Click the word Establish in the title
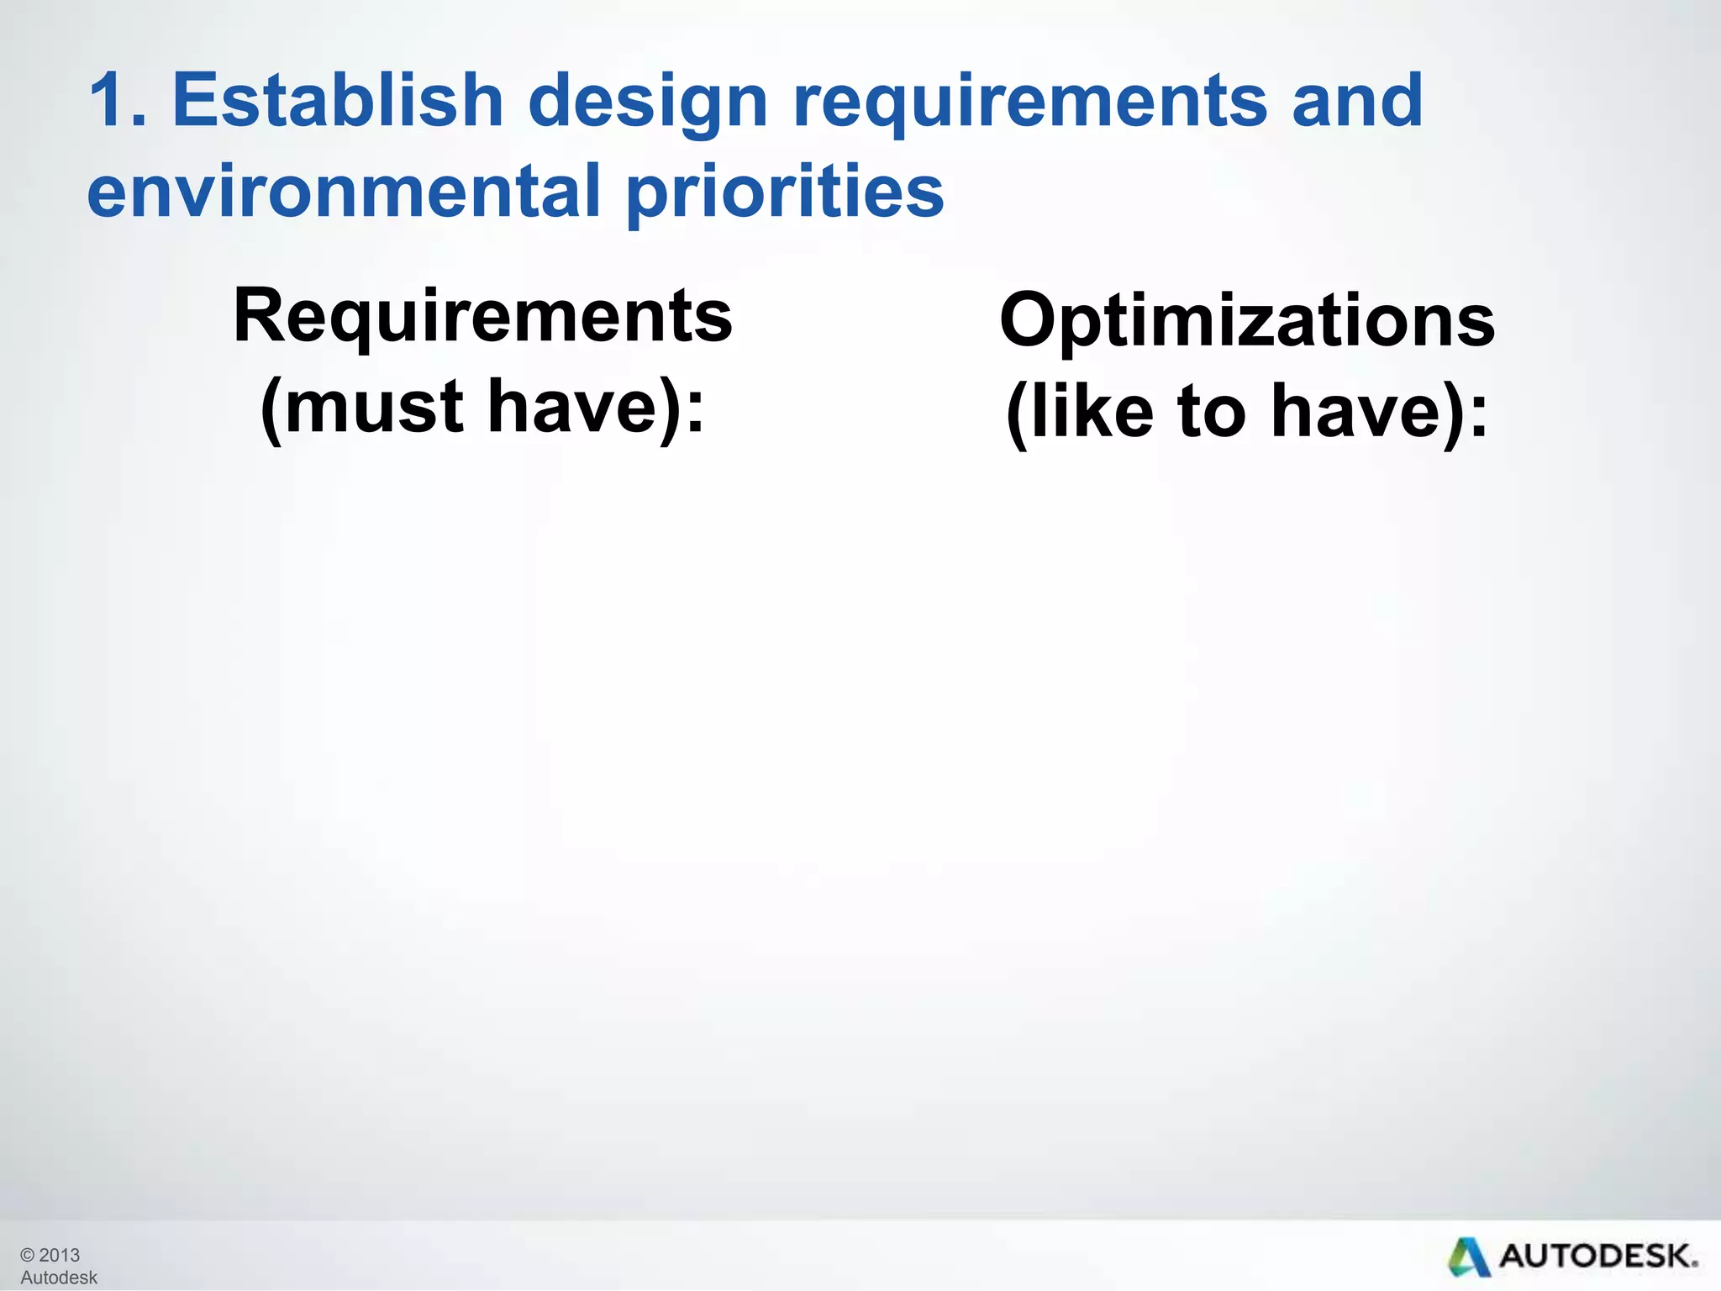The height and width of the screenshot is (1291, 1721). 337,101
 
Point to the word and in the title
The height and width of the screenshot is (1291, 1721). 1356,101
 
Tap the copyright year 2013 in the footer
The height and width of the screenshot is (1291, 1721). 59,1255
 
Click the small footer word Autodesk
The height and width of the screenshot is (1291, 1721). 59,1278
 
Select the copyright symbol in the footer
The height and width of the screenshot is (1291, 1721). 28,1255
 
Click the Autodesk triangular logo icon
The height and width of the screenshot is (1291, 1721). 1468,1257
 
